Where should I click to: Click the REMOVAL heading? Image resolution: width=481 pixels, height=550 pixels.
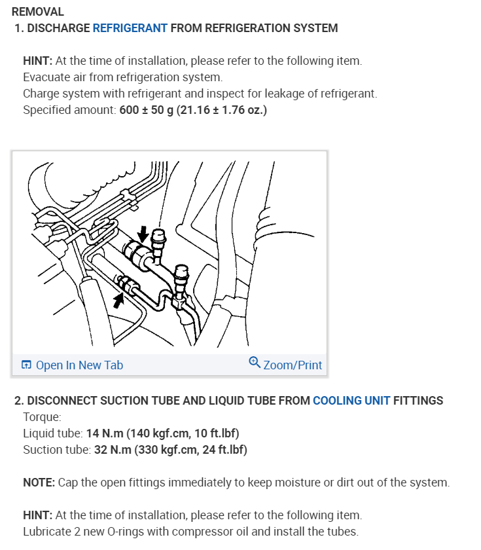point(38,12)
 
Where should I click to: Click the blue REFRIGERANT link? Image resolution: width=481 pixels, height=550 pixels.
point(130,28)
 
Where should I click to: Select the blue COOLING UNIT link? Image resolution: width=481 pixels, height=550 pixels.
point(351,401)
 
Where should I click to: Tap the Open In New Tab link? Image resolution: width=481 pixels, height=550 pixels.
point(79,365)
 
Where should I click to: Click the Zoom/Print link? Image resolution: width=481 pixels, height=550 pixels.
point(293,365)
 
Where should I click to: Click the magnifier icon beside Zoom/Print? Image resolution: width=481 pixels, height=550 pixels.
point(255,362)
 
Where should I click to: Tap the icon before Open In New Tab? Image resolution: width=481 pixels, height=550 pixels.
point(26,365)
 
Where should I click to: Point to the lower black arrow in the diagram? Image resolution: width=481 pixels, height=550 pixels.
point(118,301)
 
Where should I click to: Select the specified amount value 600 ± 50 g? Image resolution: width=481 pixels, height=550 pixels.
point(147,110)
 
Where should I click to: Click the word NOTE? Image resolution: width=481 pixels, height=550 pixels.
point(39,483)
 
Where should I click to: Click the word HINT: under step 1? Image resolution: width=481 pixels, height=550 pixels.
point(37,61)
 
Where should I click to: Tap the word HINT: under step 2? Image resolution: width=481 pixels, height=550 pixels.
point(37,515)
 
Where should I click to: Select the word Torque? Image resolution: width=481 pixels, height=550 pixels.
point(42,416)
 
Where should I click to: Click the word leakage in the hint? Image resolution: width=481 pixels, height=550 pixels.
point(276,94)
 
